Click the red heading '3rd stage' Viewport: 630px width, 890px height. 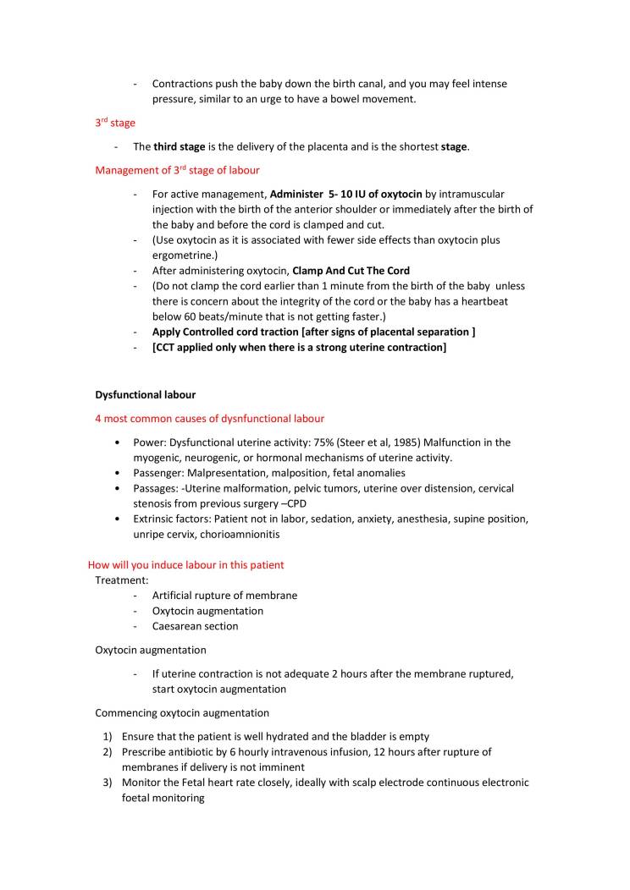114,123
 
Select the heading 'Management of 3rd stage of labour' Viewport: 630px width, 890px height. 177,170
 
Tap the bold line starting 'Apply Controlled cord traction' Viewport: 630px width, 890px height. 313,332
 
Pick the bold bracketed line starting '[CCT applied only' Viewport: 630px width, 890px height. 299,347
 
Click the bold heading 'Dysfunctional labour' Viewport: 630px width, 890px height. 145,394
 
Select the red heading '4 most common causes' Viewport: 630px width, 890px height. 209,418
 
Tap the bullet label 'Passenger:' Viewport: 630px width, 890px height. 159,473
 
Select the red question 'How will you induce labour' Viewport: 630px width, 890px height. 186,564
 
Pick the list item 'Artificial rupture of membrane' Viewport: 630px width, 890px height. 224,596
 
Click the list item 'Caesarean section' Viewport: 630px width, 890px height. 195,626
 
